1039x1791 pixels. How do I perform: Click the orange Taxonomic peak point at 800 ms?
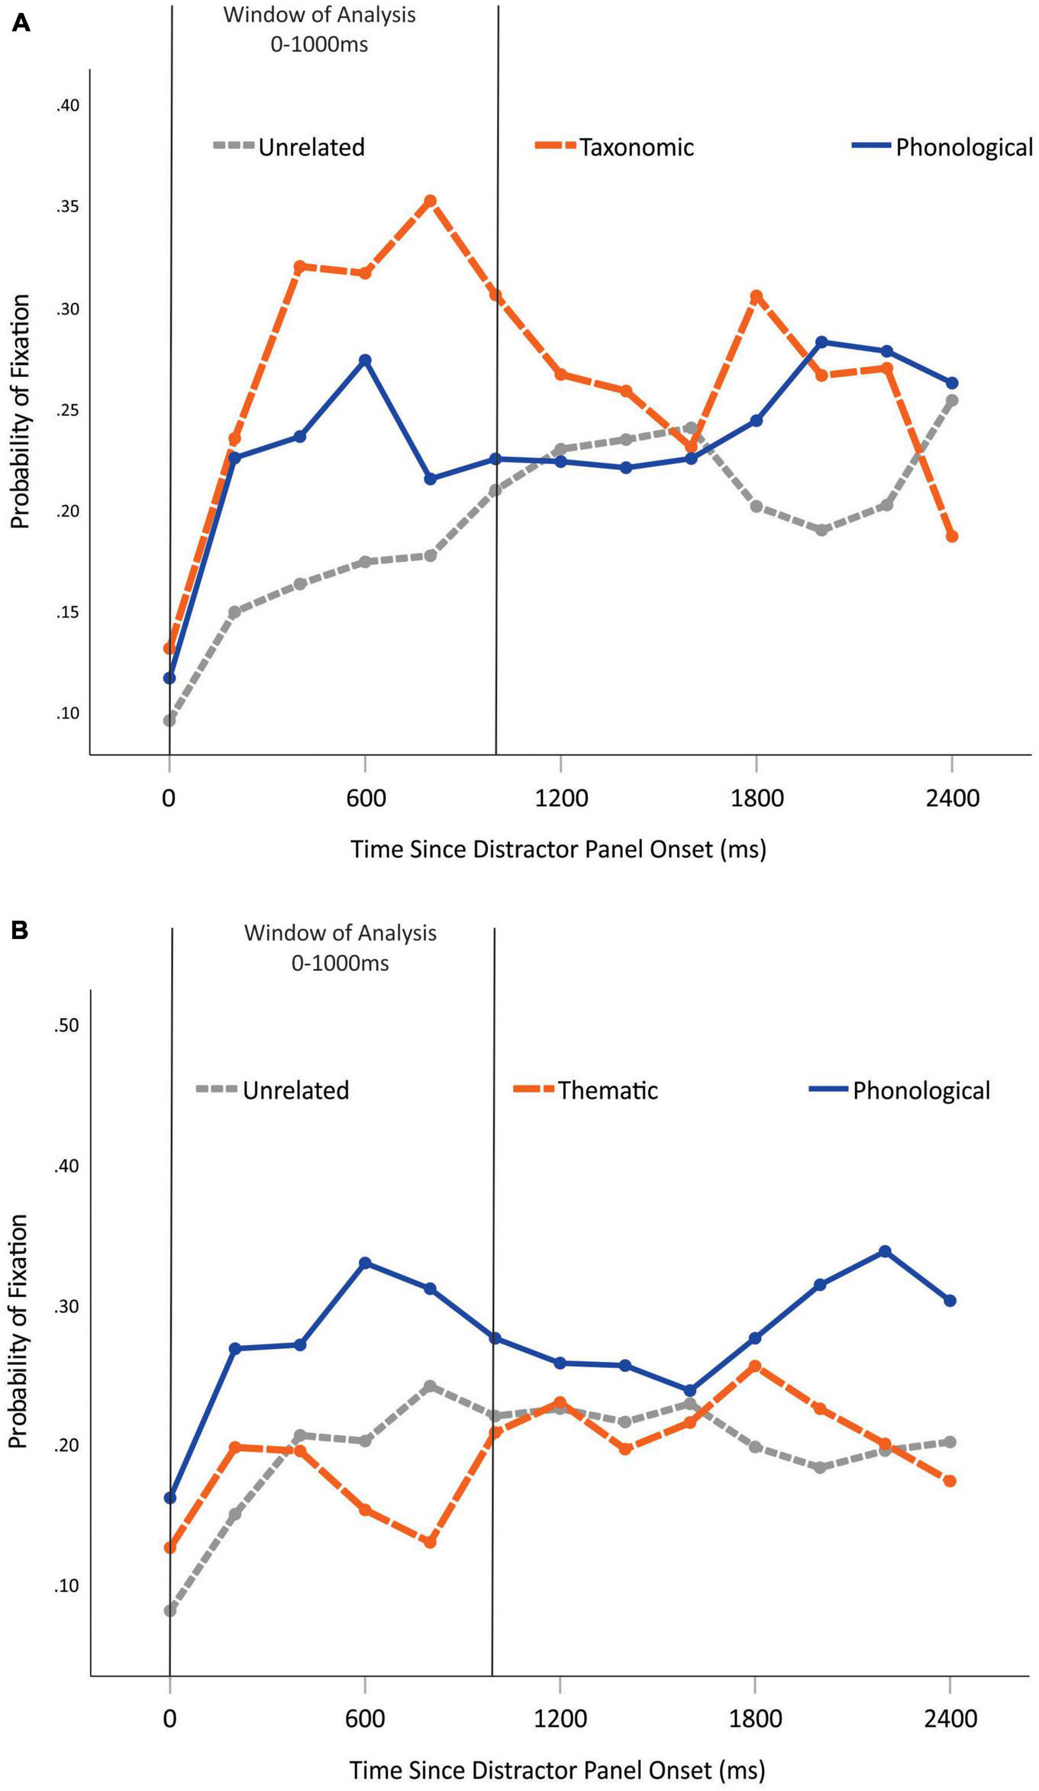tap(431, 201)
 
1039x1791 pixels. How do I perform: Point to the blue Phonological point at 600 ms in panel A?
tap(365, 360)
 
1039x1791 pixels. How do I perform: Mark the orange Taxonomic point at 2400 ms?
tap(952, 537)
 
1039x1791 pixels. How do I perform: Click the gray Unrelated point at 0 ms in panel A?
tap(169, 720)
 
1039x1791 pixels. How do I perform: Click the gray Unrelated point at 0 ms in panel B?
tap(169, 1611)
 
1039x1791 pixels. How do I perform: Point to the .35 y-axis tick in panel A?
tap(67, 208)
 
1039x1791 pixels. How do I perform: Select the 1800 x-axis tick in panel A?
tap(757, 799)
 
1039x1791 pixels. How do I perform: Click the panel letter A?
tap(21, 24)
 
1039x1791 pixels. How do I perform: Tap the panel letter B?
tap(21, 931)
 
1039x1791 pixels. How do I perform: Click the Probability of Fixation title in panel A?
tap(21, 412)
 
